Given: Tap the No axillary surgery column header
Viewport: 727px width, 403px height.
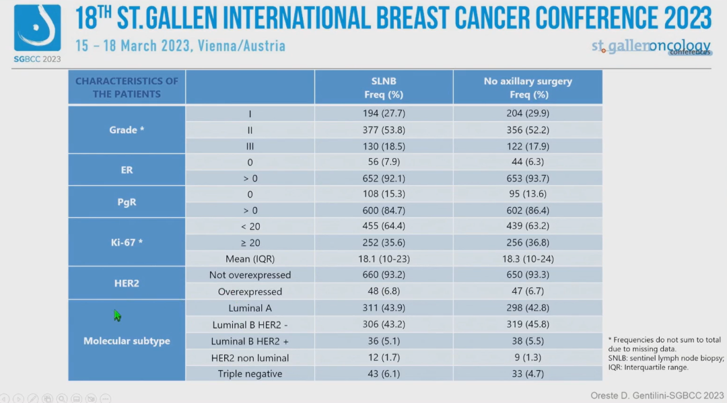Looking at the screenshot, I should click(x=528, y=87).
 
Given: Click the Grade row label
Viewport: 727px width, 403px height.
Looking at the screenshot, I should click(x=127, y=130).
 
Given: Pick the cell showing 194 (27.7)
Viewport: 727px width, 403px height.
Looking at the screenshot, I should click(x=384, y=114).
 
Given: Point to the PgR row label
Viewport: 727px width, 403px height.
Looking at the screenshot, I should click(x=127, y=202).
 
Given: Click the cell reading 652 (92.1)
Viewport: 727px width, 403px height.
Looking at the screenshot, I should click(x=384, y=178).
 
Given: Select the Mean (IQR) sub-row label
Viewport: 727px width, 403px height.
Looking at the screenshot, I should click(x=250, y=258).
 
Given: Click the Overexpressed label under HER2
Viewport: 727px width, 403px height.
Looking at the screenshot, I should click(x=250, y=291).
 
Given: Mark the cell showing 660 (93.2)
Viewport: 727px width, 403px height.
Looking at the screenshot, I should click(x=384, y=274).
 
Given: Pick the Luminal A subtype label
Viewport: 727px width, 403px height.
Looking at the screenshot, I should click(x=250, y=308).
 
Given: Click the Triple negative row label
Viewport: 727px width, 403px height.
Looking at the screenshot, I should click(x=250, y=373).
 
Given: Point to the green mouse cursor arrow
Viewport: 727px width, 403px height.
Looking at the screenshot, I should click(x=117, y=316).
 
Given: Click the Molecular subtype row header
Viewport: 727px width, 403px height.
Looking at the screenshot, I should click(x=127, y=341).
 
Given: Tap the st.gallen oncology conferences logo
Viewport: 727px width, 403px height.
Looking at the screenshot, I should click(x=650, y=47).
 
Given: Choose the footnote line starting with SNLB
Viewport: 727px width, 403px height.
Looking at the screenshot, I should click(x=666, y=359).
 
